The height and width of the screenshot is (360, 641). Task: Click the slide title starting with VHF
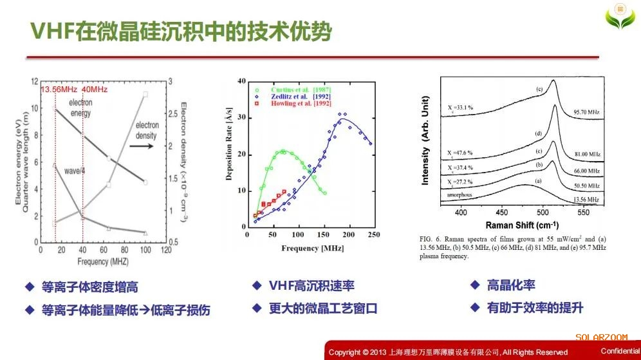183,31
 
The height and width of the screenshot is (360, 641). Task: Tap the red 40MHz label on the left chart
95,89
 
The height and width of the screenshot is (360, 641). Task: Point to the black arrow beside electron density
142,146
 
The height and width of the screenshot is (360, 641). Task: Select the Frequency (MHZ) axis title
102,262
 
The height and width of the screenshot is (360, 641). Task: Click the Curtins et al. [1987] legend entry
297,88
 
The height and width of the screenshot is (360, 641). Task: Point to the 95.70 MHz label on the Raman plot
586,112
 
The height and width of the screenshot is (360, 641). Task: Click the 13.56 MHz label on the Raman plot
586,200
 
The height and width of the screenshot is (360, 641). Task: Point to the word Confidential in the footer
620,351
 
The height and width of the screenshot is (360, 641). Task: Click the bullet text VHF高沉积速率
312,285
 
